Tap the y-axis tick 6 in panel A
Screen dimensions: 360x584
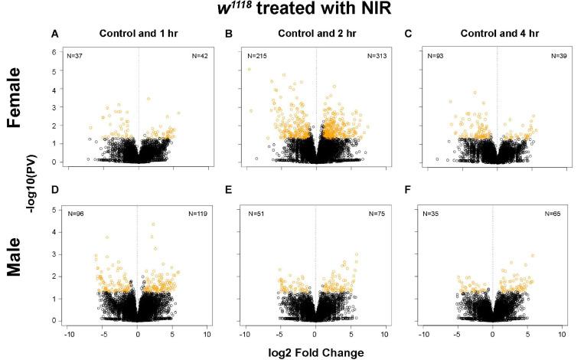point(54,51)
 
